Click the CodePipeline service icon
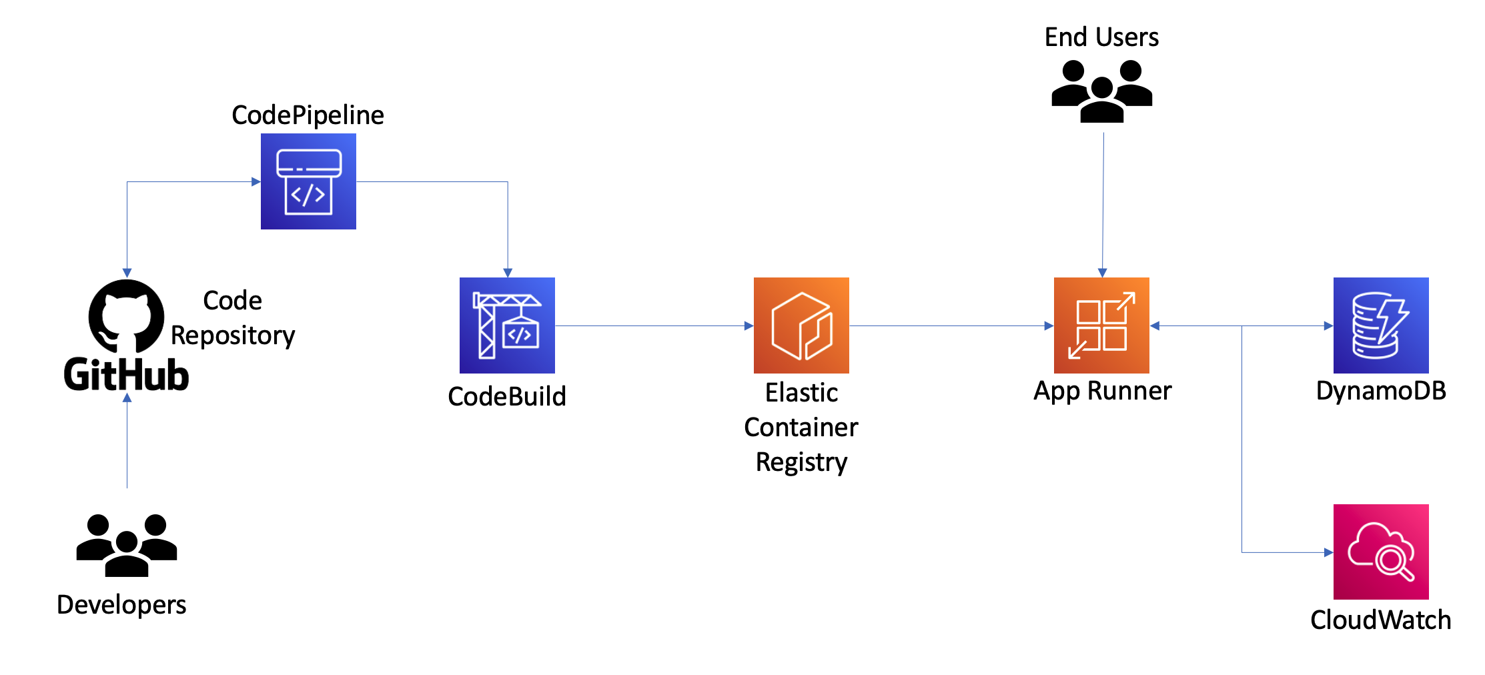pos(308,181)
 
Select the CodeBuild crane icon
pos(507,325)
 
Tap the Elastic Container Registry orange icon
pos(801,325)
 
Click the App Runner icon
pos(1101,325)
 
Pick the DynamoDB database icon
pos(1381,325)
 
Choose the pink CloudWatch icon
pos(1381,552)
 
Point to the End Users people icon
pos(1101,91)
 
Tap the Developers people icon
pos(126,545)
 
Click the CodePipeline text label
pos(308,115)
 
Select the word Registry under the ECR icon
pos(801,462)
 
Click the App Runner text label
pos(1102,391)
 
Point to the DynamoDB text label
pos(1381,391)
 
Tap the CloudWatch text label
pos(1380,620)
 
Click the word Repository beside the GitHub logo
pos(233,335)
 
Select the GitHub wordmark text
pos(126,375)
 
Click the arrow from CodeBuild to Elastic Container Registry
pos(654,325)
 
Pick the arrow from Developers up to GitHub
pos(127,440)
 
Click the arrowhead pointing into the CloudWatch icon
pos(1328,552)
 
